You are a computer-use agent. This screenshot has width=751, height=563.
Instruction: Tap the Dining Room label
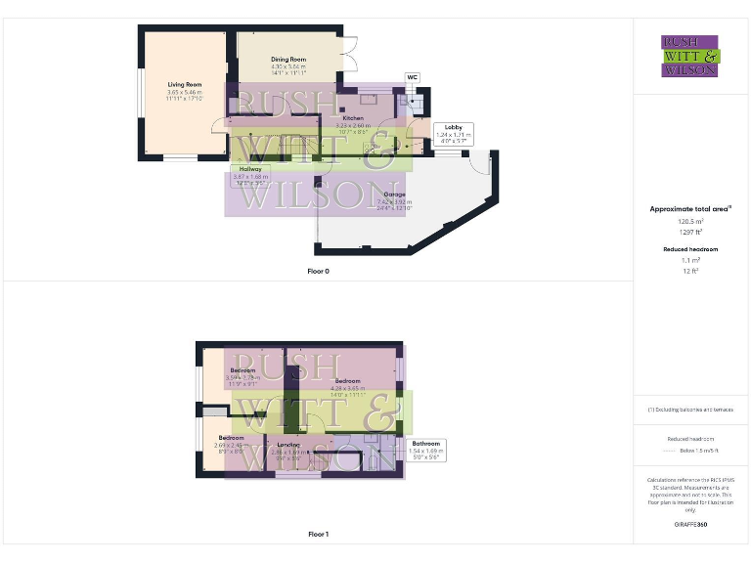(288, 60)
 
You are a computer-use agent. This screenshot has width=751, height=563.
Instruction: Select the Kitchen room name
(352, 118)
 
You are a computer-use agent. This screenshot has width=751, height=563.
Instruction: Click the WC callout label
(412, 76)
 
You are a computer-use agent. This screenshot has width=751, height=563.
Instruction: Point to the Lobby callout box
(453, 133)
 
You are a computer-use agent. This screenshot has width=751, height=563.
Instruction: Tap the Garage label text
(394, 195)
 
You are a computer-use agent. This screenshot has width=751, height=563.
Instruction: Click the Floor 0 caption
(318, 271)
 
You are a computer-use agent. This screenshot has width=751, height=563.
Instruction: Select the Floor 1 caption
(318, 535)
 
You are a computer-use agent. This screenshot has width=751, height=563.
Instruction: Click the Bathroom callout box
(425, 449)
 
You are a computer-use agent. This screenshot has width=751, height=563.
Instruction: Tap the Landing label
(287, 444)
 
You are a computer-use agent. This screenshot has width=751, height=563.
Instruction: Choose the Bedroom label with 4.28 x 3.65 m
(349, 381)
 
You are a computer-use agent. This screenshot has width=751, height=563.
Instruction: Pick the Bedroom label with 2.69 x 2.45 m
(232, 438)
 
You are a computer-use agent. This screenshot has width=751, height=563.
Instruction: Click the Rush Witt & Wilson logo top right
(690, 56)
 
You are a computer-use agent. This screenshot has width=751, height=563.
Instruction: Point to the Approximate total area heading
(690, 209)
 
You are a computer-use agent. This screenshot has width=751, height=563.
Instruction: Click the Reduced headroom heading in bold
(690, 249)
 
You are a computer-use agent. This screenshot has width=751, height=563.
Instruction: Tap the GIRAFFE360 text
(690, 525)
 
